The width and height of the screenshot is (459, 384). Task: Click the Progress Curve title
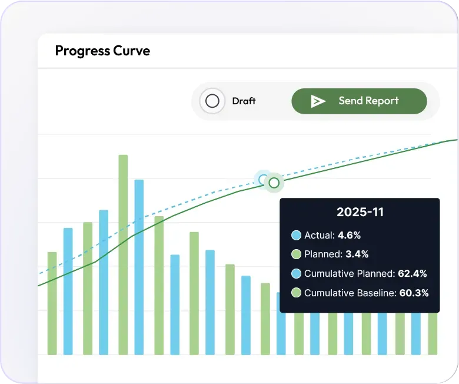[x=102, y=51]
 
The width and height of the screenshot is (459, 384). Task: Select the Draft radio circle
[x=212, y=101]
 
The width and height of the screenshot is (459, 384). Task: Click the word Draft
[x=244, y=101]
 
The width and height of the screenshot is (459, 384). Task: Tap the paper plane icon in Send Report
[x=318, y=101]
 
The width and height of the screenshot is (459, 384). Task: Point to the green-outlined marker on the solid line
[x=274, y=183]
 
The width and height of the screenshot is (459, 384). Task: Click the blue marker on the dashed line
[x=262, y=179]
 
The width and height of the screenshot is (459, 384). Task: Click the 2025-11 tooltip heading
[x=360, y=212]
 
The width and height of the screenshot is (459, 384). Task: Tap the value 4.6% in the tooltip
[x=349, y=236]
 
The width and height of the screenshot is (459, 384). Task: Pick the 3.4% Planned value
[x=357, y=254]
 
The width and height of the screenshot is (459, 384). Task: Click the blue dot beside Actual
[x=296, y=236]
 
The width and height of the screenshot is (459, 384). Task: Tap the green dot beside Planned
[x=296, y=254]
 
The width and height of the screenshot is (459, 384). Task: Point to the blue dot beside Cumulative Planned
[x=296, y=273]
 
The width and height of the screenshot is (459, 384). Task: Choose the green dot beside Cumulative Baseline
[x=296, y=293]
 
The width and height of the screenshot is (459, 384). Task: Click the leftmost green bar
[x=52, y=303]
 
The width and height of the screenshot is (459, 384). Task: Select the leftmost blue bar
[x=68, y=292]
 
